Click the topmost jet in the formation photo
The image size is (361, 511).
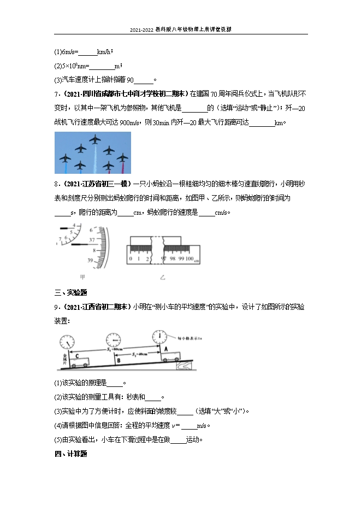95,139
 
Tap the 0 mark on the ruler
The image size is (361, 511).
130,259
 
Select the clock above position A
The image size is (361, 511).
159,336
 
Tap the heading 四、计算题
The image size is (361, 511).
72,454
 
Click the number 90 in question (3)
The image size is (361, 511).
130,80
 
